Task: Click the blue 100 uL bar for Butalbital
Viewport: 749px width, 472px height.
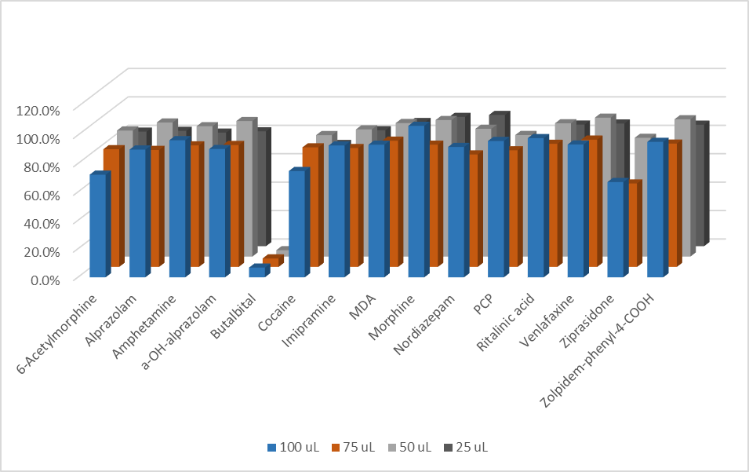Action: (x=256, y=272)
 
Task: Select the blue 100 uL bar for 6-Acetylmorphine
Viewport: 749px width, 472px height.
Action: (x=97, y=225)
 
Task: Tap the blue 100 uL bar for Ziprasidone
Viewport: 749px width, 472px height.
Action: (x=616, y=229)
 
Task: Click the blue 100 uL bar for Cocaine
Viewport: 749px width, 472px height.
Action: (x=296, y=224)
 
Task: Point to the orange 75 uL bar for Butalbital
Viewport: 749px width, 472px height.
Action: (x=271, y=261)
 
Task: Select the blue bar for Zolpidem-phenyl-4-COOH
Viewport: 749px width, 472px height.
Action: (x=656, y=209)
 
